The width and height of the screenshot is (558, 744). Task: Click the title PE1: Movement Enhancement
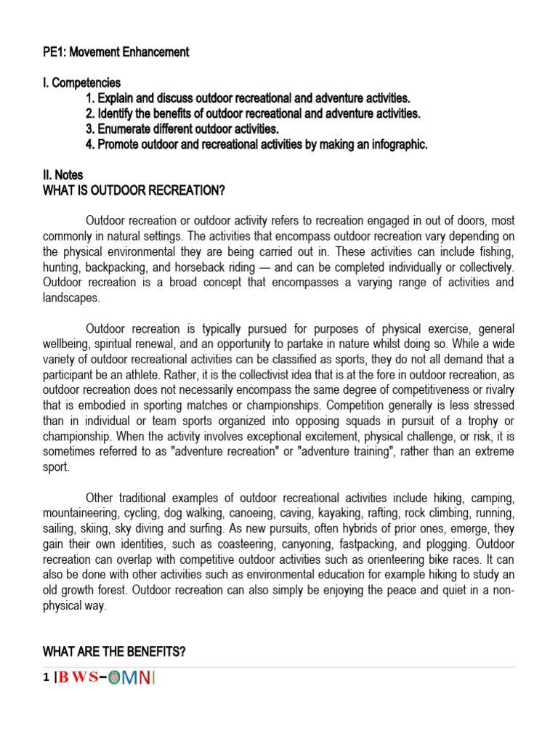point(116,52)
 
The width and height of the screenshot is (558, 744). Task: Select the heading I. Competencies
point(82,83)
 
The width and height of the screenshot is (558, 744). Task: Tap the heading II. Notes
point(63,175)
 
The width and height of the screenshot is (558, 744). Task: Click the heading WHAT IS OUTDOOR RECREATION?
point(134,190)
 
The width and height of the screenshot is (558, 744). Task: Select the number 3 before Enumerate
point(89,129)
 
